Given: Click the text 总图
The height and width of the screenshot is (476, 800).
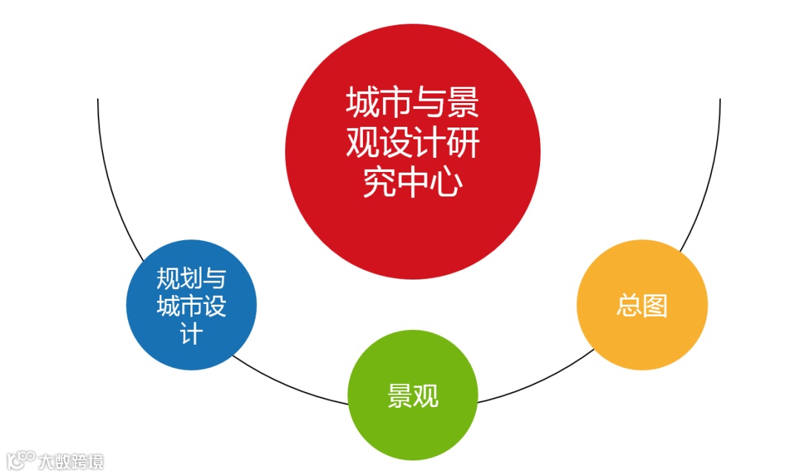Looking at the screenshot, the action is click(x=642, y=305).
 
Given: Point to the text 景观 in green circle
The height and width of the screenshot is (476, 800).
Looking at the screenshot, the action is click(x=413, y=396).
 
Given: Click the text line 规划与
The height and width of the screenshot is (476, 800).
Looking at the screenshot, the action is click(x=191, y=279).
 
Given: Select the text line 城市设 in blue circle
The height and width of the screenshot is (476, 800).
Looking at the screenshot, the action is click(x=191, y=306).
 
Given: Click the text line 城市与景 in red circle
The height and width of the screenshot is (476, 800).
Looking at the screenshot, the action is click(x=413, y=104).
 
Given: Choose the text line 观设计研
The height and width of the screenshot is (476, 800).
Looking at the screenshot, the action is click(x=413, y=144).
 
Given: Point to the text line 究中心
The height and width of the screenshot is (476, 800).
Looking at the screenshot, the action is click(x=413, y=184).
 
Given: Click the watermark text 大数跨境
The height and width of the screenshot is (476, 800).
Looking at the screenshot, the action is click(x=71, y=461).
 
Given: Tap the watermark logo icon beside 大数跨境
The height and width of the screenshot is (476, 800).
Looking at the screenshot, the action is click(x=20, y=460).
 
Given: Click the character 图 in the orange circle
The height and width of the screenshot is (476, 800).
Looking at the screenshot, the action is click(x=656, y=305).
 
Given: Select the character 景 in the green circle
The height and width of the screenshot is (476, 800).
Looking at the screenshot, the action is click(x=400, y=396).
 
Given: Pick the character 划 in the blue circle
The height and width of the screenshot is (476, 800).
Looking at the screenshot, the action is click(x=191, y=279).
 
